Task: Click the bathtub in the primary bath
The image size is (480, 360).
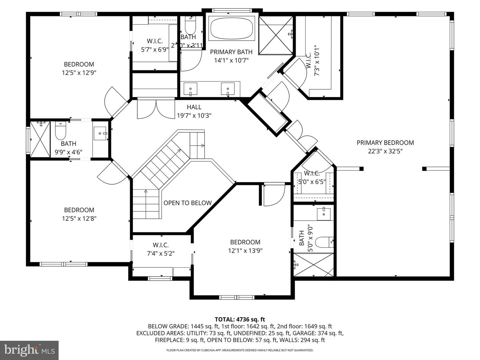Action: click(231, 28)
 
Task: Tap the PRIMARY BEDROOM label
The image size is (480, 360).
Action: click(385, 143)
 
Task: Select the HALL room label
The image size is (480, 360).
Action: click(194, 107)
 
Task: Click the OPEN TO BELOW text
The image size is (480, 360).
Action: click(187, 203)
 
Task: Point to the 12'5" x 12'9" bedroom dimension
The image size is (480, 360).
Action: click(79, 73)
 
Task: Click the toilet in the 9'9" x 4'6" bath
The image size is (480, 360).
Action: click(60, 131)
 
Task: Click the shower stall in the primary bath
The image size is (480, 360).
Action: click(276, 34)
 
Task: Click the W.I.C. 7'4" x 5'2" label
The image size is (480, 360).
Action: click(161, 249)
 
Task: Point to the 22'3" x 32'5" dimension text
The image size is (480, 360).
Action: click(385, 151)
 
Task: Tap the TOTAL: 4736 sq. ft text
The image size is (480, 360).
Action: click(240, 320)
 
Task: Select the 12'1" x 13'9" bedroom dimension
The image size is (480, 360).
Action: click(245, 251)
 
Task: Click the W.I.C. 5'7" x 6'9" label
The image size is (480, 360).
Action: click(155, 45)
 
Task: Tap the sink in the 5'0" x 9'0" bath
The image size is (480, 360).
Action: click(323, 214)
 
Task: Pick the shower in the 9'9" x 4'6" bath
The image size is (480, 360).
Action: click(40, 139)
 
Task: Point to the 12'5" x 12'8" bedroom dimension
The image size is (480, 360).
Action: click(79, 218)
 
